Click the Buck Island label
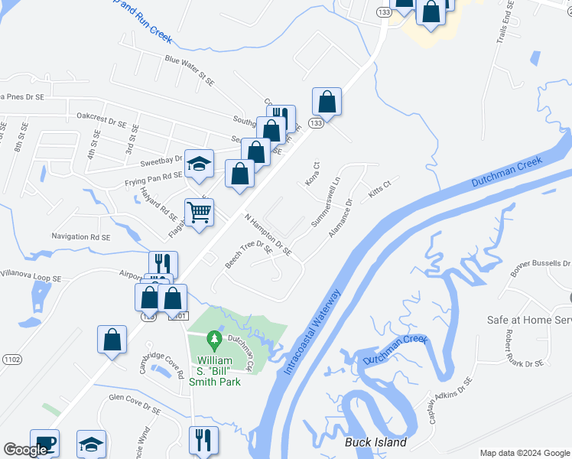375,443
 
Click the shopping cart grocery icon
199,212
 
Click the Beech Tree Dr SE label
248,256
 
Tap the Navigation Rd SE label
82,236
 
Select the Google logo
24,450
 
